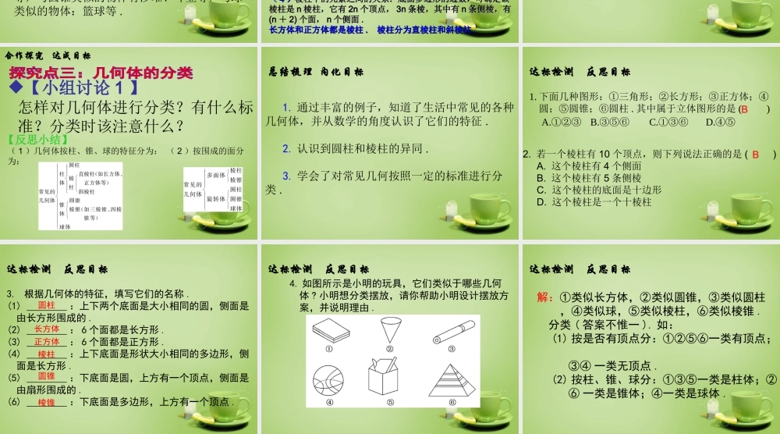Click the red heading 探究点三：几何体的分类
[x=101, y=73]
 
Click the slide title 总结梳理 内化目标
[x=316, y=72]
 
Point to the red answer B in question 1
[x=744, y=109]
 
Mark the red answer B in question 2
[x=755, y=155]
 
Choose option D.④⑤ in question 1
[x=720, y=122]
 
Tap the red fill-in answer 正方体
[x=47, y=341]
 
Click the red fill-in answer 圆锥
[x=47, y=377]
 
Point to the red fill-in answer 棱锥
[x=47, y=403]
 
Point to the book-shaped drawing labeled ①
[x=330, y=332]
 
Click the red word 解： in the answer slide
[x=546, y=298]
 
